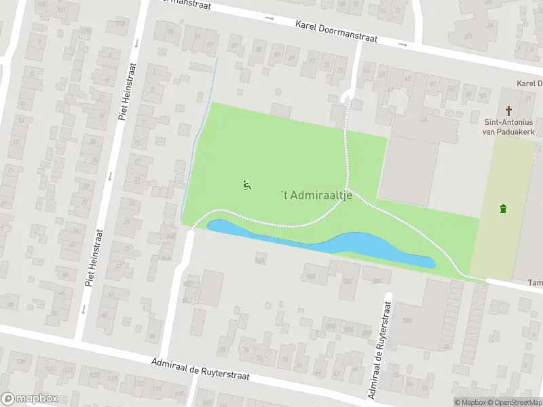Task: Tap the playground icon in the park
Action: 246,185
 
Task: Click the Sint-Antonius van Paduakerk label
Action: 509,127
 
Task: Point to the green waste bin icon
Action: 503,208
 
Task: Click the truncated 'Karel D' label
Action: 529,83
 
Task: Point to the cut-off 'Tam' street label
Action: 535,283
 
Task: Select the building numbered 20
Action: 468,36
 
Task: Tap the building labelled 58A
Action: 312,276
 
